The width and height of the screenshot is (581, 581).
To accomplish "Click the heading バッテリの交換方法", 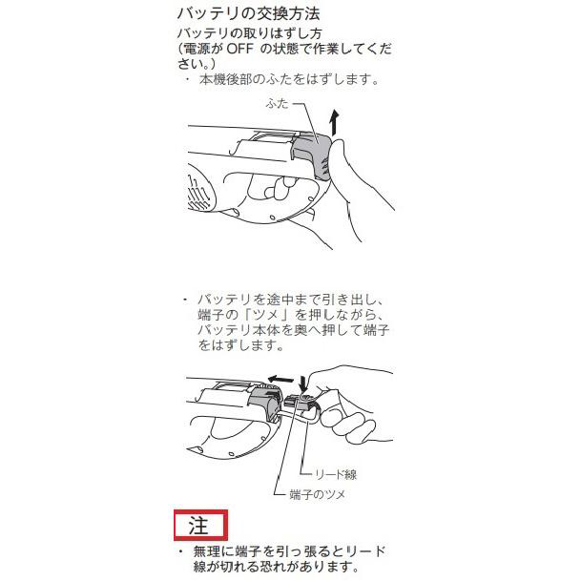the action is click(x=248, y=13).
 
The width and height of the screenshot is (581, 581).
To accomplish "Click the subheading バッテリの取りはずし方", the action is click(x=249, y=33).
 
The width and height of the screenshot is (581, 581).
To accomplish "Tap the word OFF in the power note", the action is click(x=239, y=49).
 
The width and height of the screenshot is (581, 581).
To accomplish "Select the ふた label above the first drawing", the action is click(x=277, y=103).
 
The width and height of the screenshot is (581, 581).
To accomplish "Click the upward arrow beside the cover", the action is click(x=335, y=122).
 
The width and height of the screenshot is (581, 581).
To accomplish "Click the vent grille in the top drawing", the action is click(x=198, y=193).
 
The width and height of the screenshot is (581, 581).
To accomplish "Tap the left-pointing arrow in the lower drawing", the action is click(x=280, y=379).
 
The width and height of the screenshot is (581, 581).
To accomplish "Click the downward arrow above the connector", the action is click(x=303, y=384).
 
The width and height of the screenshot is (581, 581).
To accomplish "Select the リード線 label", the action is click(x=336, y=474).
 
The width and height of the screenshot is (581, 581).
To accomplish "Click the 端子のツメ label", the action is click(x=317, y=494).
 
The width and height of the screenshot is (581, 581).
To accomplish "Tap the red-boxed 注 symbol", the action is click(x=200, y=525).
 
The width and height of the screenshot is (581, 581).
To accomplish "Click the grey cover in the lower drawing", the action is click(x=266, y=402).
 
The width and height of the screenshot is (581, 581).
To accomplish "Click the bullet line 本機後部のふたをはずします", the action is click(x=289, y=79).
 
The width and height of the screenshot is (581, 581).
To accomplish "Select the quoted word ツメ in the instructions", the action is click(x=264, y=315).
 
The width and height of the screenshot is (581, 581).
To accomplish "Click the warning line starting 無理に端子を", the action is click(x=289, y=551).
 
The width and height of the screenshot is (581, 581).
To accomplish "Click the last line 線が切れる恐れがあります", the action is click(x=276, y=567).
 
